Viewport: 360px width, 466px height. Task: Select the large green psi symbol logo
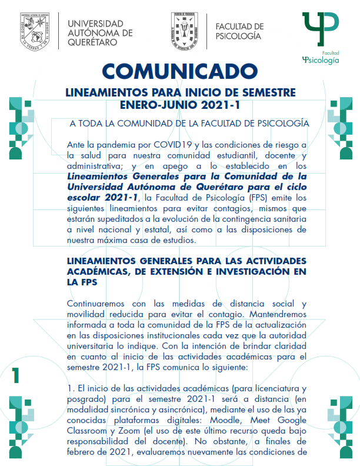pyautogui.click(x=320, y=26)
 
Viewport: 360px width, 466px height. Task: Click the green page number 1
pyautogui.click(x=16, y=374)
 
